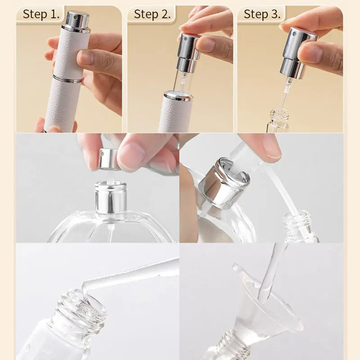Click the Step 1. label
tap(41, 14)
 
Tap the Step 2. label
tap(152, 14)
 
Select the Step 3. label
tap(262, 14)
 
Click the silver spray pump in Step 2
tap(188, 52)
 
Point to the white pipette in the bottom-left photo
tap(135, 274)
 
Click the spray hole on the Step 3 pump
tap(291, 35)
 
